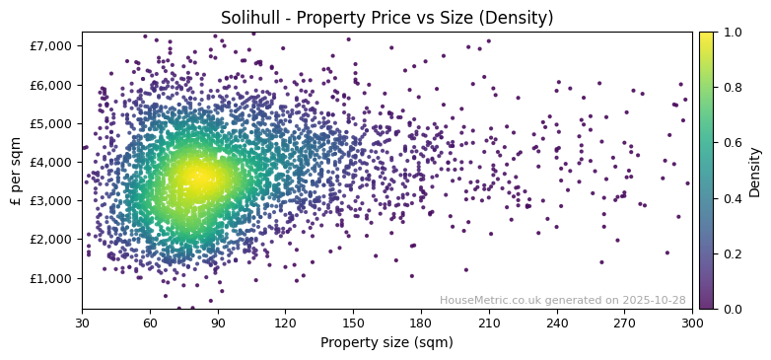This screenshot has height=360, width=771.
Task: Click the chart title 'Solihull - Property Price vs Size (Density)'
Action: point(386,18)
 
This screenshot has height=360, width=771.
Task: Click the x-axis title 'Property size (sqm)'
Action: point(386,342)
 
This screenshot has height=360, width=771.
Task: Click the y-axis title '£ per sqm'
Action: point(16,171)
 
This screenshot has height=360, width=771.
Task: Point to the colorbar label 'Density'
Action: point(754,171)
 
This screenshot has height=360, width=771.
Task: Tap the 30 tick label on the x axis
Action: point(82,323)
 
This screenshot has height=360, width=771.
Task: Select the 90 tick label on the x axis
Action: point(218,323)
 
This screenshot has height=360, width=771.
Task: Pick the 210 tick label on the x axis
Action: point(489,323)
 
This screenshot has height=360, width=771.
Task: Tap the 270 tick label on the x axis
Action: point(624,323)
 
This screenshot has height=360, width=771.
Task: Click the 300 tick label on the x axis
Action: point(692,323)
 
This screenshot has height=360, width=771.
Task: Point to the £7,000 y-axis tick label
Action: point(52,45)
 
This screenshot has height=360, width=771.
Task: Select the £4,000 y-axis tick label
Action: point(52,162)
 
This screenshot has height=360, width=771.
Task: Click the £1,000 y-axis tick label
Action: point(52,278)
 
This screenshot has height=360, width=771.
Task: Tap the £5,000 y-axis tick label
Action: point(52,123)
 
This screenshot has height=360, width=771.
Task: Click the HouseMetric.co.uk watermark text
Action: point(562,300)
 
